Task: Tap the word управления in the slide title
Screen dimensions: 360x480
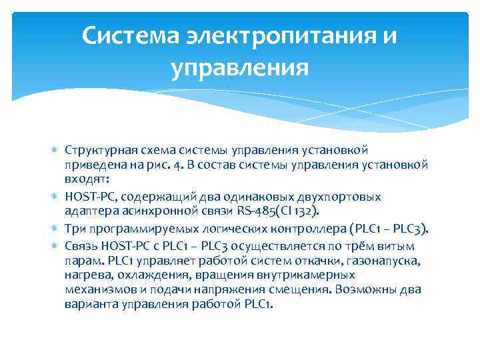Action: [x=240, y=67]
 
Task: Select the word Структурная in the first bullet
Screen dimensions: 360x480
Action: [x=97, y=150]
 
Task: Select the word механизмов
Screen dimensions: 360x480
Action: [x=97, y=290]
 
